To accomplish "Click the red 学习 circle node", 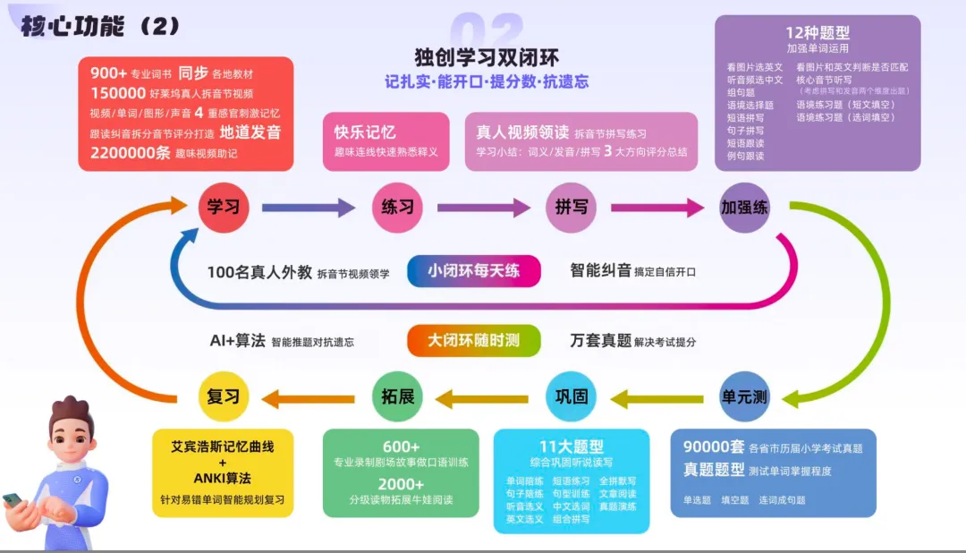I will pos(224,208).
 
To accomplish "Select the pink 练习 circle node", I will pos(398,208).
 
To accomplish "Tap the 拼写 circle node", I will pos(571,208).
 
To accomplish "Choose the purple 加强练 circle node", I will pos(744,208).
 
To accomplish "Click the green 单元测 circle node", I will pos(744,396).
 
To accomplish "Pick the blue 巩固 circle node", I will pos(571,396).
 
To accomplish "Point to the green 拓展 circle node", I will pos(398,396).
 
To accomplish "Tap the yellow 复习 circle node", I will pos(224,396).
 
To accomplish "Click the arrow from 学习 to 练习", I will pos(309,208).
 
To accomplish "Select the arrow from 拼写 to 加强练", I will pos(657,208).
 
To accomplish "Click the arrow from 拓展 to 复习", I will pos(309,396).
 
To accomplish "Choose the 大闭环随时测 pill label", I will pos(473,341).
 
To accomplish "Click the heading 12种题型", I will pos(818,33).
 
